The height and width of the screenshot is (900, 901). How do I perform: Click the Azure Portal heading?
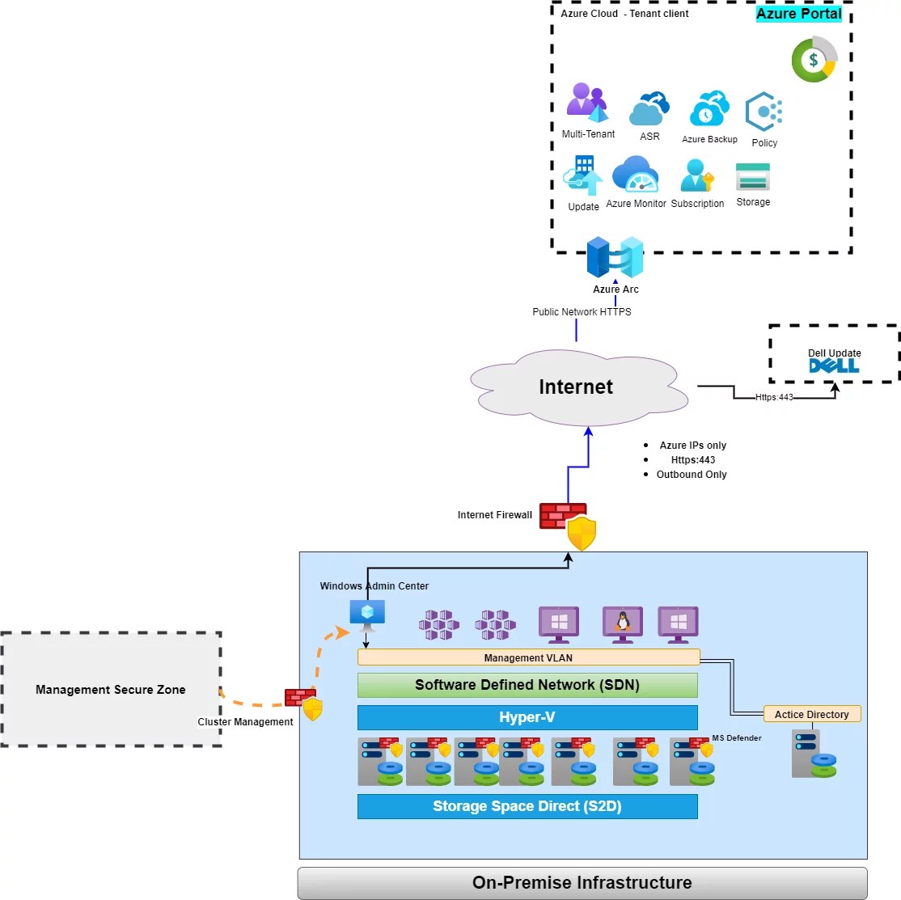point(798,14)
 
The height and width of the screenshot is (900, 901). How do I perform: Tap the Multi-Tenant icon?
point(586,102)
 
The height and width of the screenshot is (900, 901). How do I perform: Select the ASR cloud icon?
point(649,108)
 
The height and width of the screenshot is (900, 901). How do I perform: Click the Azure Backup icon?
point(709,109)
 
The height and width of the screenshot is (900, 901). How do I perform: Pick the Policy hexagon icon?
point(764,112)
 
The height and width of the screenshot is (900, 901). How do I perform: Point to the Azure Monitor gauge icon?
point(636,174)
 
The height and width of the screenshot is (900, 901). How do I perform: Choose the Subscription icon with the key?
point(697,175)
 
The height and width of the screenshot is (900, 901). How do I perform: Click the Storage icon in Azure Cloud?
point(753,176)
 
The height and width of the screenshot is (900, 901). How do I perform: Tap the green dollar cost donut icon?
point(814,60)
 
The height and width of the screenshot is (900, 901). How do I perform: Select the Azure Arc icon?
point(615,256)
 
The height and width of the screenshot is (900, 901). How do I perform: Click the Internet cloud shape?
point(576,387)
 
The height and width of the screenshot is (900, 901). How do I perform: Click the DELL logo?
point(834,366)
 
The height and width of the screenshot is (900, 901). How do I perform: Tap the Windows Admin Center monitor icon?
point(367,615)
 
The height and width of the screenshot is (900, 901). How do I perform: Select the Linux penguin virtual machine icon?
point(623,623)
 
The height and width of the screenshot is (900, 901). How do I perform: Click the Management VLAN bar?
point(528,657)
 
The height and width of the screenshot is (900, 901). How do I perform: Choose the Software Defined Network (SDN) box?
point(527,685)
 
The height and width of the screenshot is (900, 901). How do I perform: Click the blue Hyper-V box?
point(527,717)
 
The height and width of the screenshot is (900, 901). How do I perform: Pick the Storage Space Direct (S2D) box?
point(527,806)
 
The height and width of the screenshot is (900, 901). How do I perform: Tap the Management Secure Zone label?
point(111,690)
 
